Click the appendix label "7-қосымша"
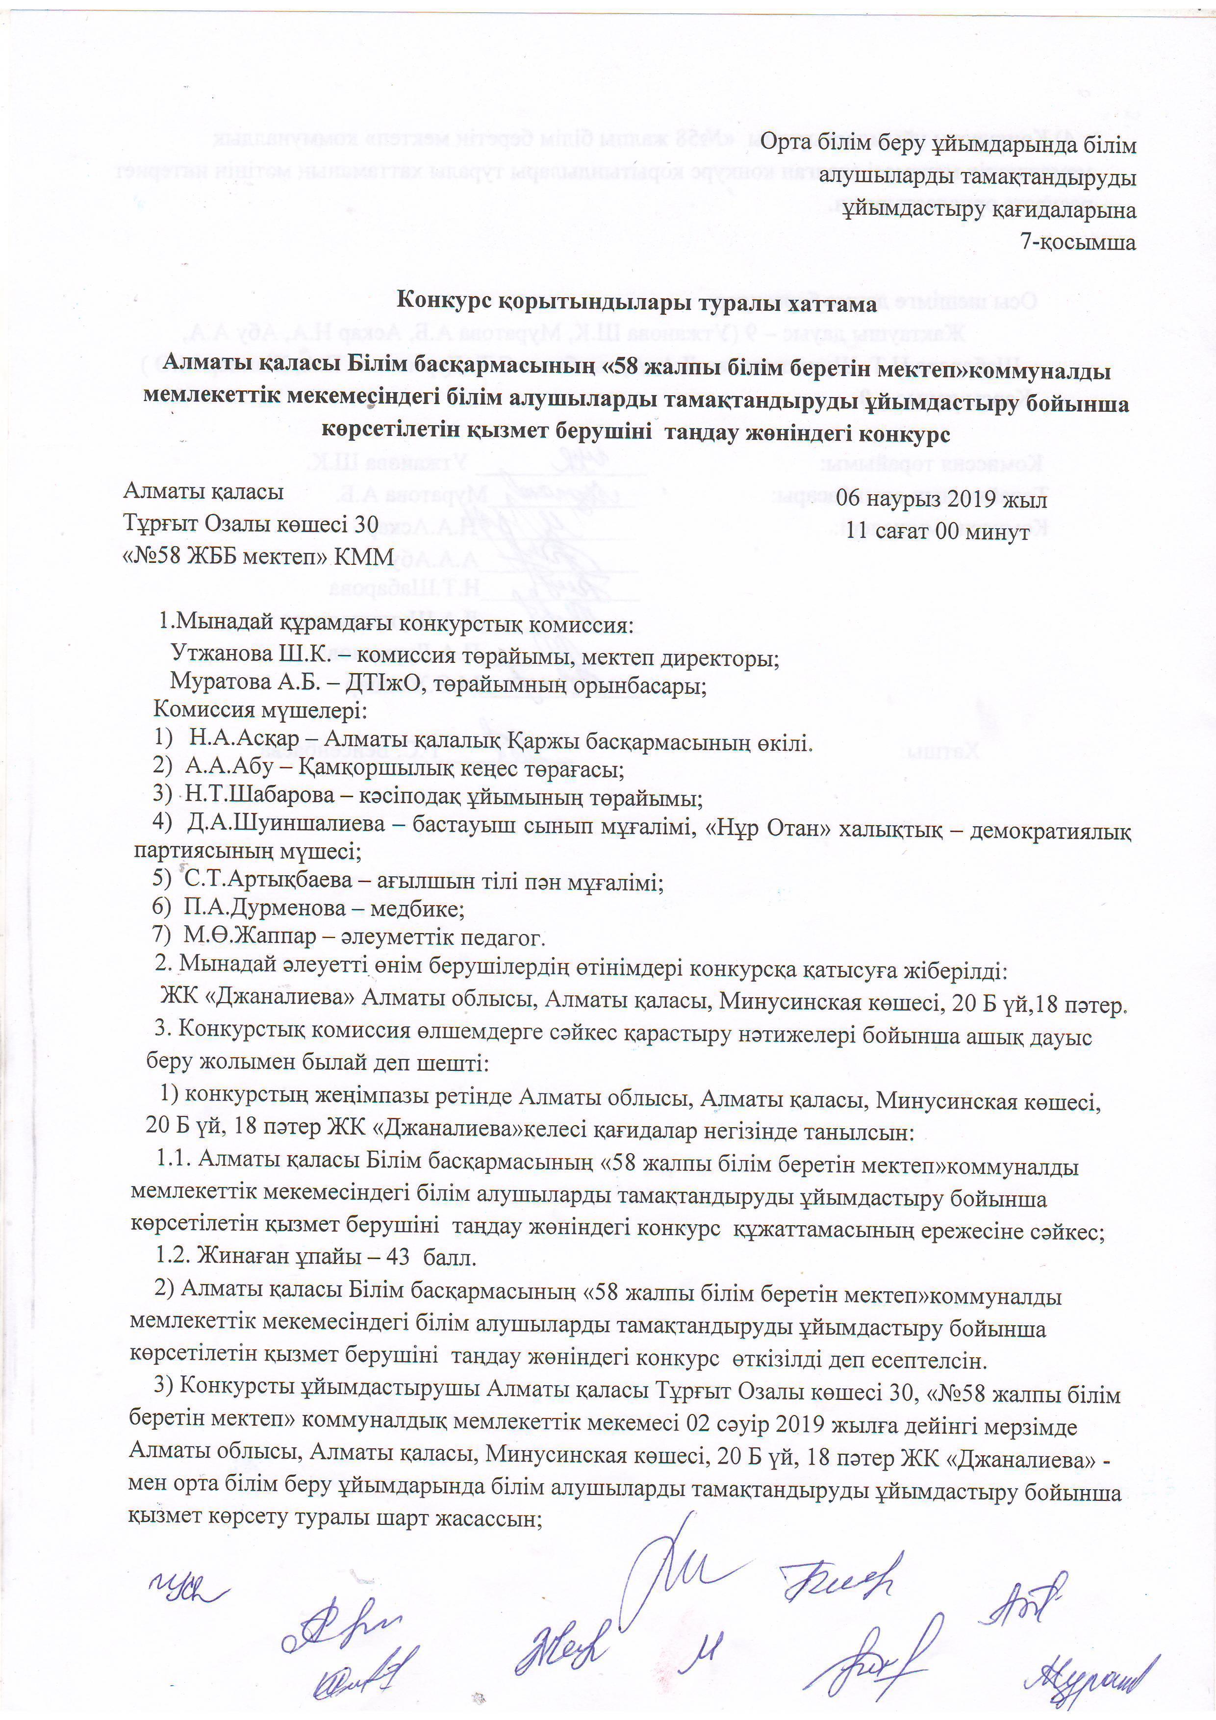pos(1078,242)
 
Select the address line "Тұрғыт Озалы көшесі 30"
pos(251,525)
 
